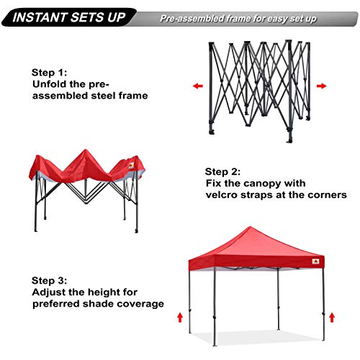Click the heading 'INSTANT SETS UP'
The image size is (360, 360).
point(65,17)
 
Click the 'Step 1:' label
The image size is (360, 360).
point(51,72)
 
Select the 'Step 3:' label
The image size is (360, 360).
point(51,279)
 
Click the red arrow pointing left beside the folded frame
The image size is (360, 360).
point(197,86)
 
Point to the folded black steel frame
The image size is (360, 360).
point(259,86)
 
